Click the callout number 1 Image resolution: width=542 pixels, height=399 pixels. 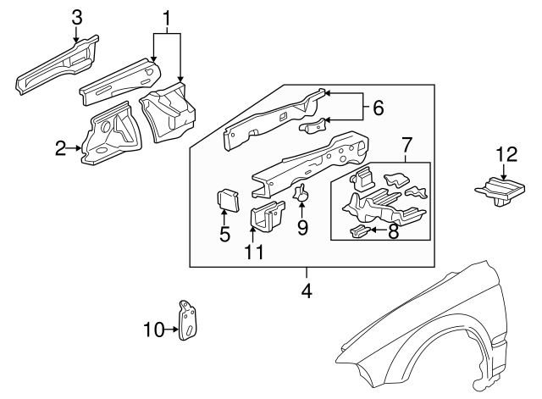click(x=167, y=17)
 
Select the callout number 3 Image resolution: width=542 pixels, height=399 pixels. click(x=76, y=16)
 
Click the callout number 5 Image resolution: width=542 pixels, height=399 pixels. click(x=224, y=235)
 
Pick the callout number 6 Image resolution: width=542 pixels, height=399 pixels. click(x=378, y=108)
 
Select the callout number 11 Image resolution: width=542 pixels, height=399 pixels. click(x=255, y=252)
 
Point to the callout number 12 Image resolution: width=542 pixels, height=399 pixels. click(x=506, y=153)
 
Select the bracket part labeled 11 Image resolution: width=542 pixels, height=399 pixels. click(x=267, y=215)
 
